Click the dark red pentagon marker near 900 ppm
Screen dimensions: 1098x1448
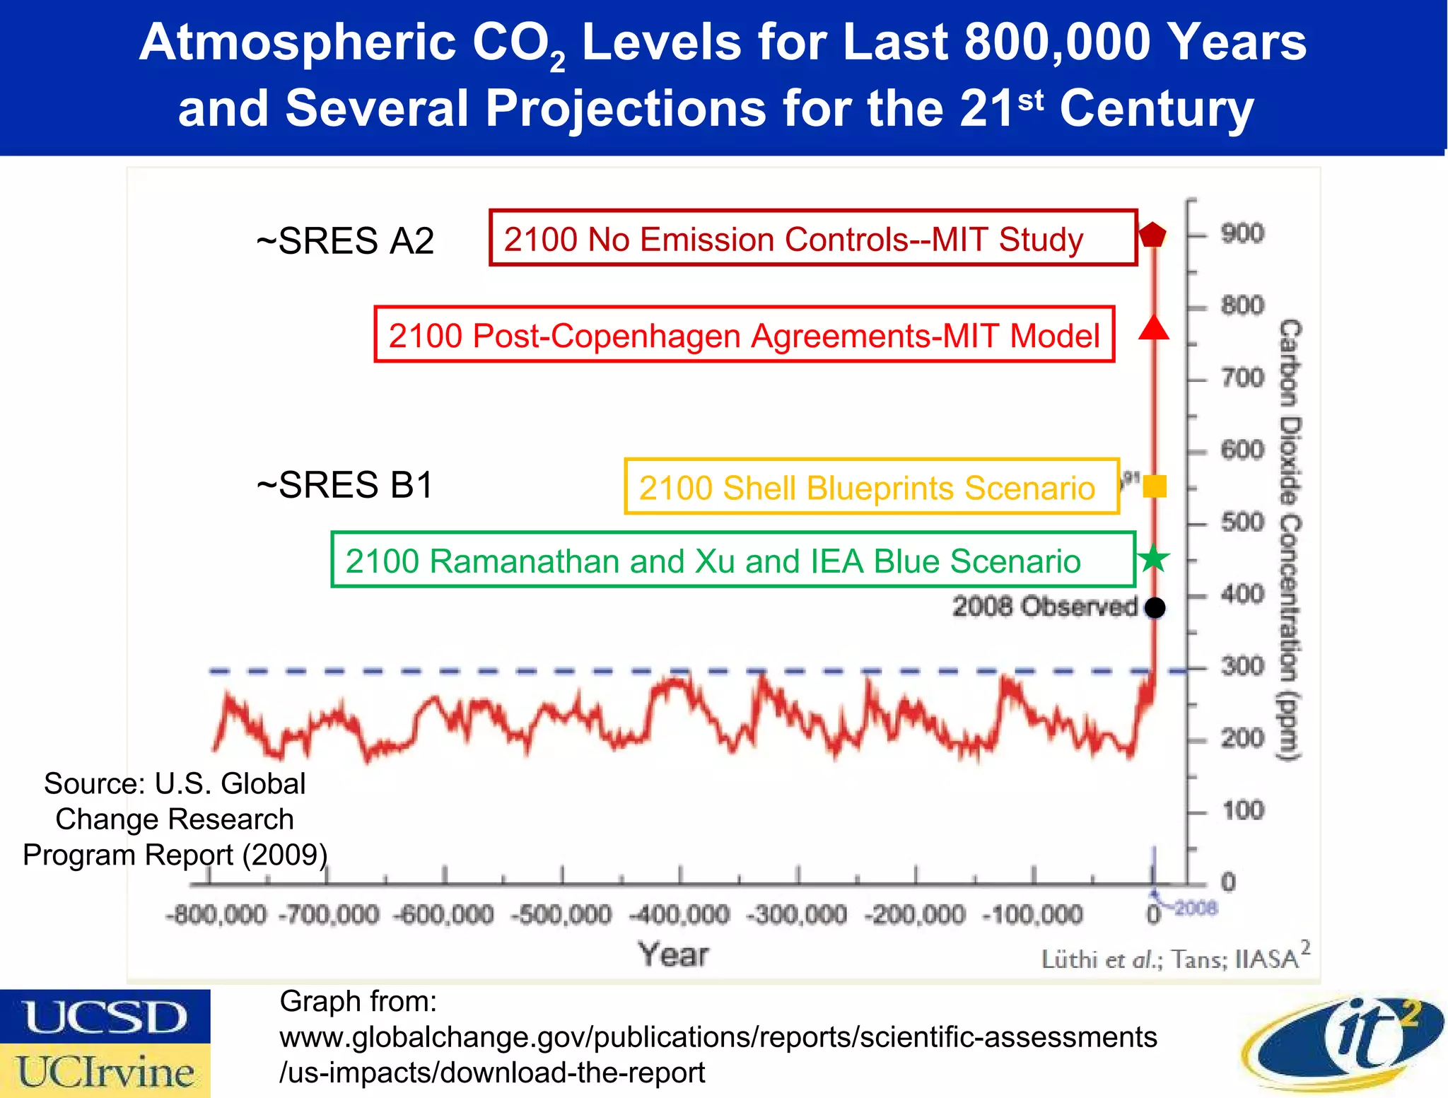coord(1153,234)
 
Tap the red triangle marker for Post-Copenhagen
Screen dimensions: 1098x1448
coord(1153,329)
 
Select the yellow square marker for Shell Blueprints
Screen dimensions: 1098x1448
coord(1154,486)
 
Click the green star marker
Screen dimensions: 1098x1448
coord(1154,559)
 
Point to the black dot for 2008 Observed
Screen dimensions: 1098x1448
coord(1155,607)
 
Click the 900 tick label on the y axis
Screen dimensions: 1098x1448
coord(1242,233)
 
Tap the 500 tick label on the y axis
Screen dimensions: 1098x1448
coord(1242,522)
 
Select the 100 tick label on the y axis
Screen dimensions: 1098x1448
coord(1242,810)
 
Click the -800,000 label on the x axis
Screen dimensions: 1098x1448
coord(216,915)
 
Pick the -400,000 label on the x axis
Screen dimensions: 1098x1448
coord(679,915)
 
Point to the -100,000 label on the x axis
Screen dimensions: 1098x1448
coord(1033,915)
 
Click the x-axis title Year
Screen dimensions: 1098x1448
coord(673,954)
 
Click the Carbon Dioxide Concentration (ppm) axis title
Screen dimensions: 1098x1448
coord(1290,541)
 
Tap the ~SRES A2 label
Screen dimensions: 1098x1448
coord(345,241)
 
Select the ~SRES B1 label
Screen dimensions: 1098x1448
coord(345,486)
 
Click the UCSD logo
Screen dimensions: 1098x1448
coord(105,1017)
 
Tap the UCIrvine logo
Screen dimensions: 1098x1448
coord(105,1071)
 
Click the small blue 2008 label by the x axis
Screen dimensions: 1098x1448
coord(1196,907)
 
